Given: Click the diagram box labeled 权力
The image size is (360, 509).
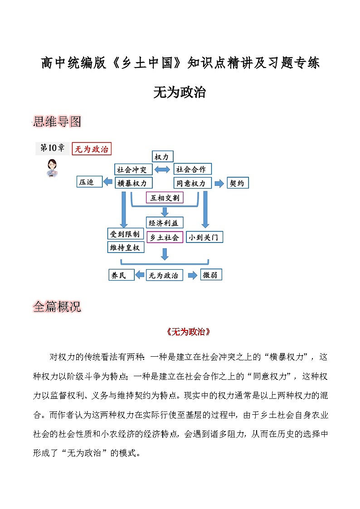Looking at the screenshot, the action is tap(161, 157).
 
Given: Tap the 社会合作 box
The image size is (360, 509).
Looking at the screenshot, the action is tap(192, 170).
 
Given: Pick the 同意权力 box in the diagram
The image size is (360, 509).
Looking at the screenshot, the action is tap(192, 183).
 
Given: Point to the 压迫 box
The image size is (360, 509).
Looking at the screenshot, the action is tap(89, 182).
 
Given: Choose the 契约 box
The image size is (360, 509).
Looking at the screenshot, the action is tap(238, 183).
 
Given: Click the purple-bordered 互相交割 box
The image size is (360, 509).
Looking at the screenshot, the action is tap(165, 198).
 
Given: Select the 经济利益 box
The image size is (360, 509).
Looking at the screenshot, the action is tap(165, 223).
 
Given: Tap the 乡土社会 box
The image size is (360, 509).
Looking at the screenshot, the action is tap(165, 237).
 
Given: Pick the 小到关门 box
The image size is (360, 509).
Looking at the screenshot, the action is tap(205, 237).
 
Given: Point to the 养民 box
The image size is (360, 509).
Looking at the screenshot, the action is tap(121, 275).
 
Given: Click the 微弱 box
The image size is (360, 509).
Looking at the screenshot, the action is tap(211, 275).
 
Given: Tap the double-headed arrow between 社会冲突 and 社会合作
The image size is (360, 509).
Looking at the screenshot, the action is tap(162, 170).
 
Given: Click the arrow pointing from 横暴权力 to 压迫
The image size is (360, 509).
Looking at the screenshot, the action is tap(108, 182).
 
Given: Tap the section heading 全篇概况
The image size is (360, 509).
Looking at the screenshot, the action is tap(57, 307).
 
